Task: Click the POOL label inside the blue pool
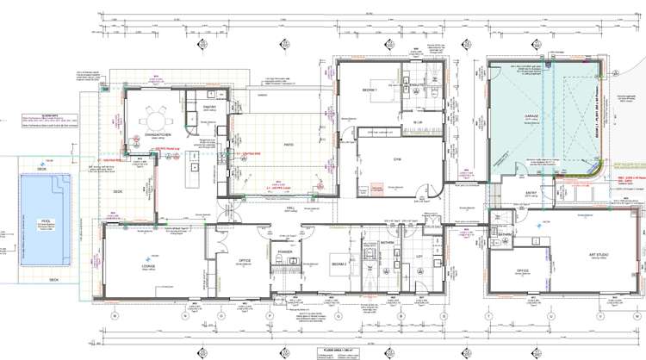coord(35,221)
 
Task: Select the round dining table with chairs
coord(156,119)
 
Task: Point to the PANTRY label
coord(208,107)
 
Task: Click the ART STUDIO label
coord(594,256)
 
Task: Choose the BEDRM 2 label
coord(339,264)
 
